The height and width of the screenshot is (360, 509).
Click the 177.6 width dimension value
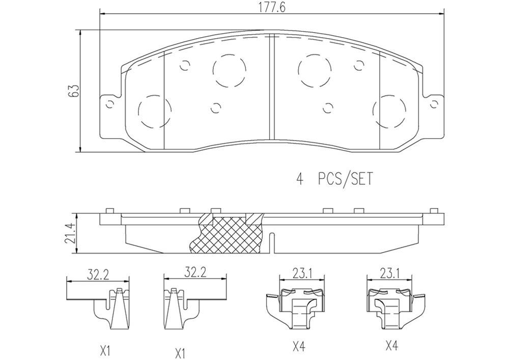[270, 6]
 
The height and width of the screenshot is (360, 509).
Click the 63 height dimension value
[75, 91]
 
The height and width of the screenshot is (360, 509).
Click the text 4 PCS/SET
[334, 179]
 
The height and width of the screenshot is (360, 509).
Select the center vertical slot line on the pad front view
[270, 87]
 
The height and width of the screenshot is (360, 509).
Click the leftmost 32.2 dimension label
[98, 275]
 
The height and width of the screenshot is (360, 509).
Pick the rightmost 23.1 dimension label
[389, 274]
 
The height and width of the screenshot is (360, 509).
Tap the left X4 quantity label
[299, 347]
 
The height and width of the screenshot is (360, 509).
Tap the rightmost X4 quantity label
[391, 347]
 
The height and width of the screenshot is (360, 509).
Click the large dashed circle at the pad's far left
[154, 112]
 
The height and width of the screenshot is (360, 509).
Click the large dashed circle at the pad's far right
[389, 110]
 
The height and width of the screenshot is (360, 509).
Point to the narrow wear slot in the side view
[273, 242]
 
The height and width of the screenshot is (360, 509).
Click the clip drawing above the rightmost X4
[389, 308]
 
